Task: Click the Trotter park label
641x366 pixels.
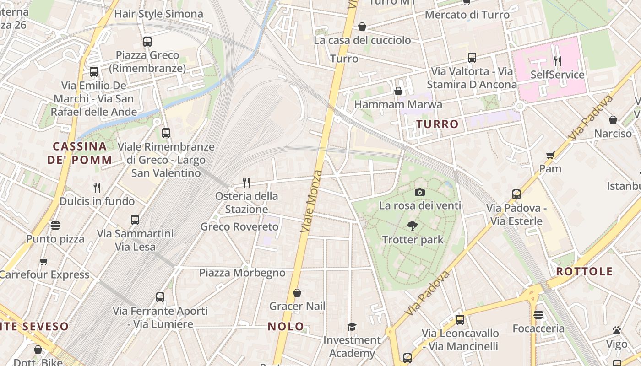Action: (413, 239)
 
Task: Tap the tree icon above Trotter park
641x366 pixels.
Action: (412, 226)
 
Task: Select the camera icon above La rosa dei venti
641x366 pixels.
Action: (419, 192)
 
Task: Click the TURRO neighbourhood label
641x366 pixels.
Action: (437, 124)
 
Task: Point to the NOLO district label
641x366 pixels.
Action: (286, 326)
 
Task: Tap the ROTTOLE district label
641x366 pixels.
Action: (584, 271)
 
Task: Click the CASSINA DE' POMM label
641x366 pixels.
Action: (80, 153)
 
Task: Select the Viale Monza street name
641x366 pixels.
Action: (312, 201)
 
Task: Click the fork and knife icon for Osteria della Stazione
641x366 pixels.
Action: (246, 183)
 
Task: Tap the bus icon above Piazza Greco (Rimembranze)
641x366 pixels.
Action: (147, 42)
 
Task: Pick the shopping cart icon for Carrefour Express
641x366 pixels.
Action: (43, 261)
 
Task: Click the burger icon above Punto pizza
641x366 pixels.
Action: (55, 225)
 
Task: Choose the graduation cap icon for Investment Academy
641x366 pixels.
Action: (352, 327)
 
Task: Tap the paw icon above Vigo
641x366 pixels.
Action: (616, 330)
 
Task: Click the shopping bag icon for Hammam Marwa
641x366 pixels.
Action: (398, 91)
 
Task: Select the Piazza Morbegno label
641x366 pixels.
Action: (242, 273)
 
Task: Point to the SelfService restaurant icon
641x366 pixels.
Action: (557, 61)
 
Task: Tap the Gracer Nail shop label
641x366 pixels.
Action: (297, 306)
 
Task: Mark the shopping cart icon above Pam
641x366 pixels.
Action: (550, 155)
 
